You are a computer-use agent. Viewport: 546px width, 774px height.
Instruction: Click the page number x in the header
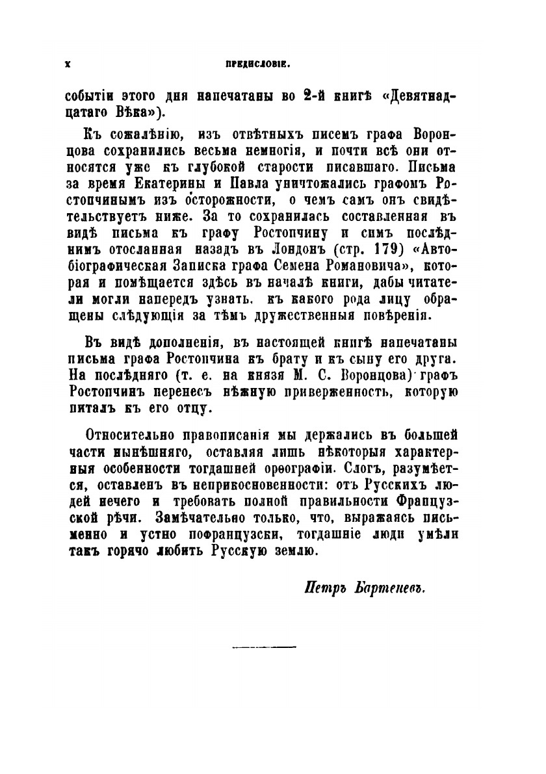pyautogui.click(x=67, y=65)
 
